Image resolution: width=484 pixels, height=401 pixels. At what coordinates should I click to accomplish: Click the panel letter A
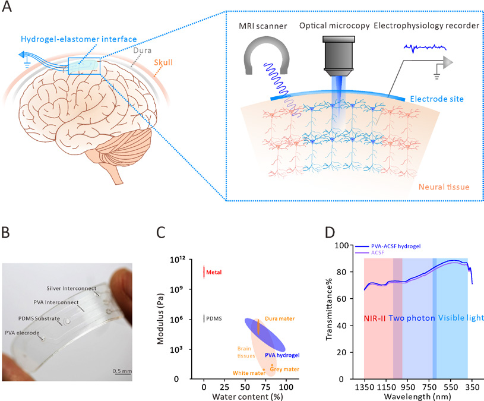(7, 6)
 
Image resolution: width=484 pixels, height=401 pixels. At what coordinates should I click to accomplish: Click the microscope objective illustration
(339, 56)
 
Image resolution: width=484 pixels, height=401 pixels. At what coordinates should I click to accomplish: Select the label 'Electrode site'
(436, 99)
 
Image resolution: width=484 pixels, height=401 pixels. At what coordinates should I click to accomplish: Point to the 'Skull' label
(163, 62)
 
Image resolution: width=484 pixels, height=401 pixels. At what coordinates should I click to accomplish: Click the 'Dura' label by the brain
(143, 50)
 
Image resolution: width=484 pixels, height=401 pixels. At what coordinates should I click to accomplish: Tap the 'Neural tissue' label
(444, 187)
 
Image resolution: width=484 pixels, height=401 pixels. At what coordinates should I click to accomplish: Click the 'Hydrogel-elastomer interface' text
(79, 39)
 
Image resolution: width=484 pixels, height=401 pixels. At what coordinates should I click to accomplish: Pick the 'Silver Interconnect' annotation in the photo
(71, 288)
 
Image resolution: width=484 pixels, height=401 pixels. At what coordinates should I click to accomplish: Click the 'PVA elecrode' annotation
(22, 333)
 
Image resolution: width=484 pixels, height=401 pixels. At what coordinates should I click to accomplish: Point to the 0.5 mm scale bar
(122, 374)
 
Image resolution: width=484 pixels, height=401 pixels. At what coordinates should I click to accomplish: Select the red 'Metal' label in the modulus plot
(214, 272)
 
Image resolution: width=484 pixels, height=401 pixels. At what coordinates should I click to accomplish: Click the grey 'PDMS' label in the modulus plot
(214, 318)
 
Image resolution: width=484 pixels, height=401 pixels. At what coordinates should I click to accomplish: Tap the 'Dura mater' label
(280, 318)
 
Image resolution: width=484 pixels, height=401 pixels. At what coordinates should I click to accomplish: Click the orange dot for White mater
(264, 370)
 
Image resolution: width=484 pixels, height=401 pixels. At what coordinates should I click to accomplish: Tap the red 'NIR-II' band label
(375, 318)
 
